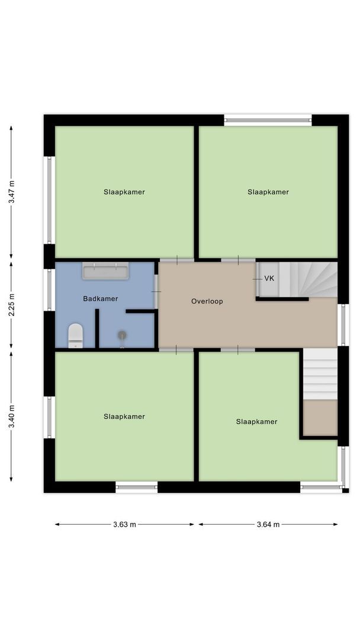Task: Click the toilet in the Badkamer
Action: (x=75, y=335)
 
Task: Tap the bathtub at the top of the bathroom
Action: (x=105, y=272)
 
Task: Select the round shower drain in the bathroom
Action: (x=122, y=335)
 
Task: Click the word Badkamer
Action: (x=100, y=299)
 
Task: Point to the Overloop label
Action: (x=207, y=301)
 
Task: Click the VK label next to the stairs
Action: (x=269, y=279)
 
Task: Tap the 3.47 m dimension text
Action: (x=11, y=192)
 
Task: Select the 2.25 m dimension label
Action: (x=11, y=304)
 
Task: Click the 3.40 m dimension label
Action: (x=11, y=417)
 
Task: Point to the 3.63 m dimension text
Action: (x=124, y=524)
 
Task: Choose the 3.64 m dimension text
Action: (x=268, y=524)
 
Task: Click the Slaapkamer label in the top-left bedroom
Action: (x=124, y=192)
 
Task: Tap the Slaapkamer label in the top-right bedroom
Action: (x=268, y=192)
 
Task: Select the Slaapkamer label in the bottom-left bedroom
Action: (x=124, y=417)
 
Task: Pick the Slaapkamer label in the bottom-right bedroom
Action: (x=256, y=422)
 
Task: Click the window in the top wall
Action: (x=268, y=120)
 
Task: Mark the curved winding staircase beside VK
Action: (x=308, y=279)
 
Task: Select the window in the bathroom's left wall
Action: (x=50, y=290)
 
